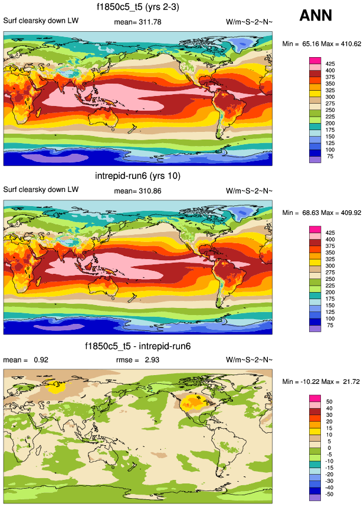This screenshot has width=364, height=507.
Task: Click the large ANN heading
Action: pyautogui.click(x=316, y=15)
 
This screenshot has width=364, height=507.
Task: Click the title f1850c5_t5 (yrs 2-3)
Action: pyautogui.click(x=137, y=8)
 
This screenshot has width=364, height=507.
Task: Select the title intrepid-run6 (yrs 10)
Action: pyautogui.click(x=137, y=175)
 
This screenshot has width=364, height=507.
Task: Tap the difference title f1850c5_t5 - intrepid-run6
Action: pyautogui.click(x=137, y=346)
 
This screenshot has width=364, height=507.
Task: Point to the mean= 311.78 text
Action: pyautogui.click(x=137, y=22)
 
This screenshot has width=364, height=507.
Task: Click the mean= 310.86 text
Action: pyautogui.click(x=137, y=191)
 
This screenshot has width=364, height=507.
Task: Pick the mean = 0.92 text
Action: pyautogui.click(x=21, y=359)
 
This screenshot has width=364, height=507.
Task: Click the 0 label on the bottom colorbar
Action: pyautogui.click(x=328, y=448)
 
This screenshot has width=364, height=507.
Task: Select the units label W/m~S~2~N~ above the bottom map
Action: pyautogui.click(x=249, y=359)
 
